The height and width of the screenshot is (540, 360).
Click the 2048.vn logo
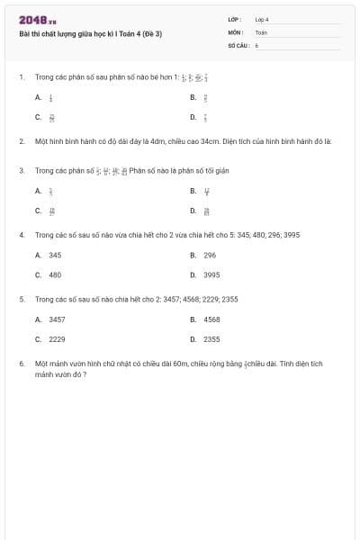pyautogui.click(x=37, y=19)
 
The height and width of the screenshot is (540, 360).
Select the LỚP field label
pyautogui.click(x=235, y=19)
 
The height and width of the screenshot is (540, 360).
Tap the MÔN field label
pyautogui.click(x=235, y=31)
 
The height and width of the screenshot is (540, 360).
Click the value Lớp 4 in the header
pyautogui.click(x=262, y=19)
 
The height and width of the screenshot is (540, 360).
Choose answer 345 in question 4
pyautogui.click(x=55, y=255)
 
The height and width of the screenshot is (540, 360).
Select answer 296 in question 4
pyautogui.click(x=210, y=255)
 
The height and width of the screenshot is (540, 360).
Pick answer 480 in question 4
pyautogui.click(x=55, y=275)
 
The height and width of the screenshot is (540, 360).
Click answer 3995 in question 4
pyautogui.click(x=211, y=275)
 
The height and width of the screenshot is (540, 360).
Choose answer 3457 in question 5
pyautogui.click(x=57, y=319)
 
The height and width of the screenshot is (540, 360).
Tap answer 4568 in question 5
pyautogui.click(x=211, y=319)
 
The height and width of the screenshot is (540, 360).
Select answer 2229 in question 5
pyautogui.click(x=57, y=339)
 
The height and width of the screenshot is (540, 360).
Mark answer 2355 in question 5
pyautogui.click(x=211, y=339)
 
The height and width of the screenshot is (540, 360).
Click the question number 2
pyautogui.click(x=21, y=141)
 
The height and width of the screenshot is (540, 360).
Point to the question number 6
pyautogui.click(x=21, y=364)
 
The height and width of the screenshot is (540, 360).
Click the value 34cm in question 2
pyautogui.click(x=211, y=141)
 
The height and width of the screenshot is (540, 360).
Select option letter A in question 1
pyautogui.click(x=38, y=96)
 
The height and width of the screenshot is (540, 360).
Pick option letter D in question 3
pyautogui.click(x=193, y=211)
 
